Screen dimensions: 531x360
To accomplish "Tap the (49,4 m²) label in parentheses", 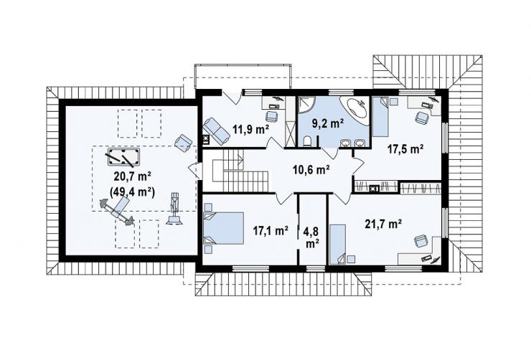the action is pos(133,192).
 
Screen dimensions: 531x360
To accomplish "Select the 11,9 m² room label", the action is pos(250,129).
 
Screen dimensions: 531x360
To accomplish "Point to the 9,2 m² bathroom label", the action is pos(328,123).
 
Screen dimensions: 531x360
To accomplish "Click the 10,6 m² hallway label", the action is pos(311,169).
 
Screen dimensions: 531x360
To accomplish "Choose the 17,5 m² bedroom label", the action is pos(405,149).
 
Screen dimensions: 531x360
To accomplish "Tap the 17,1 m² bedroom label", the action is pos(271,231).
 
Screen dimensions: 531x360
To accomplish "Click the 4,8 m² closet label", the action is pos(311,237).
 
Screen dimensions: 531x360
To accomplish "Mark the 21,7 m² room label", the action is pos(384,224).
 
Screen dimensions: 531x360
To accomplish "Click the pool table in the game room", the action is pos(123,157).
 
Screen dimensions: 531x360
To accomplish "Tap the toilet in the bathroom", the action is pos(308,141).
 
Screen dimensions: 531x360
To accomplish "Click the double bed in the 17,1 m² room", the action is pos(223,228).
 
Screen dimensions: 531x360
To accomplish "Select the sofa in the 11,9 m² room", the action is pos(217,130).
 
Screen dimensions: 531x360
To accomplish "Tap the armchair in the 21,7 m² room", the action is pos(421,242).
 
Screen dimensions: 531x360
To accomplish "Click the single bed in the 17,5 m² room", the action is pos(380,117).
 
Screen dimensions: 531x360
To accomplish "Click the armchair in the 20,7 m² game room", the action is pos(184,143).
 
